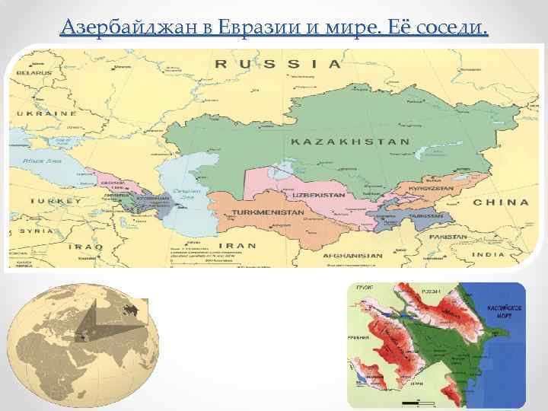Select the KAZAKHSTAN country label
click(350, 142)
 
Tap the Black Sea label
click(43, 162)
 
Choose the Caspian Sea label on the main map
click(186, 195)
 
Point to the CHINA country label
click(500, 202)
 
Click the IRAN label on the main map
click(243, 246)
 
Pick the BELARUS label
click(32, 73)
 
